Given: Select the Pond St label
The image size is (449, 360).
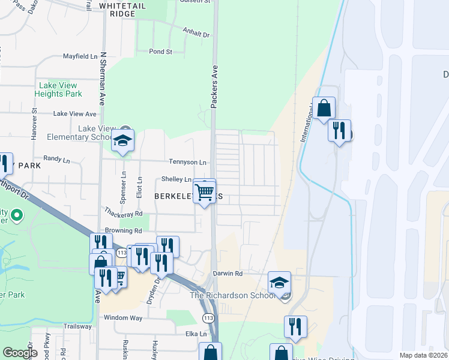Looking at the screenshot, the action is click(x=160, y=52).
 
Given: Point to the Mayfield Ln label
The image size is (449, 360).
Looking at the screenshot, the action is click(x=80, y=56).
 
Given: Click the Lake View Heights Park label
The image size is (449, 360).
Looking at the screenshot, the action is click(x=58, y=90).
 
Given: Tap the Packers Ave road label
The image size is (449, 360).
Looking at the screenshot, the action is click(x=213, y=86).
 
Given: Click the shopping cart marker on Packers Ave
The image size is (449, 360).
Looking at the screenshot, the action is click(x=205, y=191).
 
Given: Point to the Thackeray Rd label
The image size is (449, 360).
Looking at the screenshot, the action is click(x=123, y=213).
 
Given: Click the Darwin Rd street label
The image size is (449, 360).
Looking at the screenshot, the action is click(x=229, y=274).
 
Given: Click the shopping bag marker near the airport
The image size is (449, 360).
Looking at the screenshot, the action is click(x=324, y=109).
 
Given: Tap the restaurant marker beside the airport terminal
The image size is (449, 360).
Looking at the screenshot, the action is click(x=339, y=130).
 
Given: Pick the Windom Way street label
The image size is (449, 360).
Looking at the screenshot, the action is click(x=123, y=317).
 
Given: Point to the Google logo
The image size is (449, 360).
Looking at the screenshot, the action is click(x=20, y=353).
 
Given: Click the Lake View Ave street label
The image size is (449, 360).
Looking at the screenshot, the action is click(x=74, y=113).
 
